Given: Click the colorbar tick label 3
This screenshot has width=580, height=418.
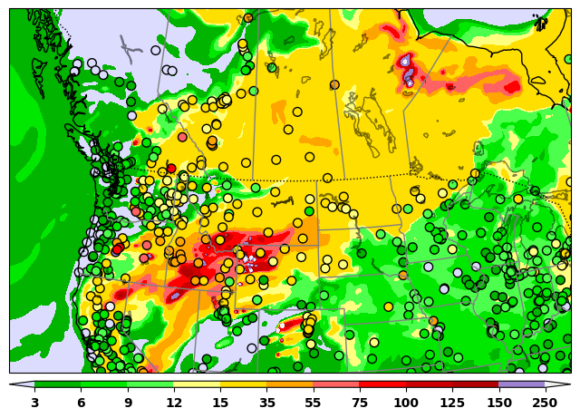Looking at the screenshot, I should [34, 403].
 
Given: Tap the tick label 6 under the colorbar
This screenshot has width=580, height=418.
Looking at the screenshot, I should [81, 403].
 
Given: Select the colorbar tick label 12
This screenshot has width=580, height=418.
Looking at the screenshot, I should [174, 403].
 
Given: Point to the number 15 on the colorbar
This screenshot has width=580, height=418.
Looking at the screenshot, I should [220, 403].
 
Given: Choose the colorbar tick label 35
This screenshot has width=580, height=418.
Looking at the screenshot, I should [266, 403].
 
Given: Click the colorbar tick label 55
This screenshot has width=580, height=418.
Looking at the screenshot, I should [314, 403].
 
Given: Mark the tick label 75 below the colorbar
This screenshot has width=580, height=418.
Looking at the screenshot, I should [360, 403].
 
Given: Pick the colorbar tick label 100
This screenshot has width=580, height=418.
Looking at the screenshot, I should [406, 403].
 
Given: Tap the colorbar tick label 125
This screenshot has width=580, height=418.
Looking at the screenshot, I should [452, 403].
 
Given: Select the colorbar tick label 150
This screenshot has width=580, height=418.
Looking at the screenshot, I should [498, 403].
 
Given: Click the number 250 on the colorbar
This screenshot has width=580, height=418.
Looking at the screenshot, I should [545, 403].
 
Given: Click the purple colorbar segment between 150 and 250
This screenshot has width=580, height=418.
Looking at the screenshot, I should [522, 385].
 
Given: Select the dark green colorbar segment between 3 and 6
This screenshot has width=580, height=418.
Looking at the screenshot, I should [57, 385].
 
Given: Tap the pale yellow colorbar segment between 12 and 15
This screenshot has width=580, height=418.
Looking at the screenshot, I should [197, 385].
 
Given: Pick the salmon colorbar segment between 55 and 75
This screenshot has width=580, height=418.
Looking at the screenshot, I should [336, 385].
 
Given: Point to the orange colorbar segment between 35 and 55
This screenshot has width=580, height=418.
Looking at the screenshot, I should [290, 385].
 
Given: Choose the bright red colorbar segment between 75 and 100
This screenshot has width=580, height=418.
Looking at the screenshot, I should [382, 385].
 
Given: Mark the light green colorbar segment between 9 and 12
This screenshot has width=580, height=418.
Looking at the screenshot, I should [150, 385].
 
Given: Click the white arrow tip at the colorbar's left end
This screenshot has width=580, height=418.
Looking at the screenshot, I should [18, 385].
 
